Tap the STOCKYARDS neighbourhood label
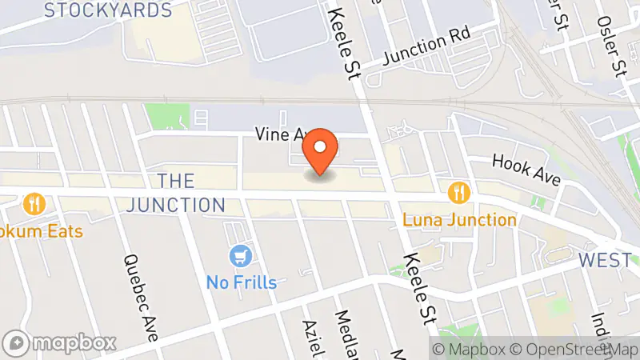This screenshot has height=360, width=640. [x=108, y=10]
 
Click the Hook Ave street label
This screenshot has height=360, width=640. [x=526, y=170]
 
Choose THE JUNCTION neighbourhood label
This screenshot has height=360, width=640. [x=191, y=193]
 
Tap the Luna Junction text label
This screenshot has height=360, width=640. [x=458, y=219]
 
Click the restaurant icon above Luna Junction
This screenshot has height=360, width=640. [x=458, y=192]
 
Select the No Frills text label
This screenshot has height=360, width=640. [x=241, y=282]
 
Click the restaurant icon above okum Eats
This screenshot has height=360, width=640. [x=34, y=203]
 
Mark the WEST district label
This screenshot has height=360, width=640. [x=605, y=261]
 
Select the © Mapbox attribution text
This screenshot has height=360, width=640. [x=473, y=349]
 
